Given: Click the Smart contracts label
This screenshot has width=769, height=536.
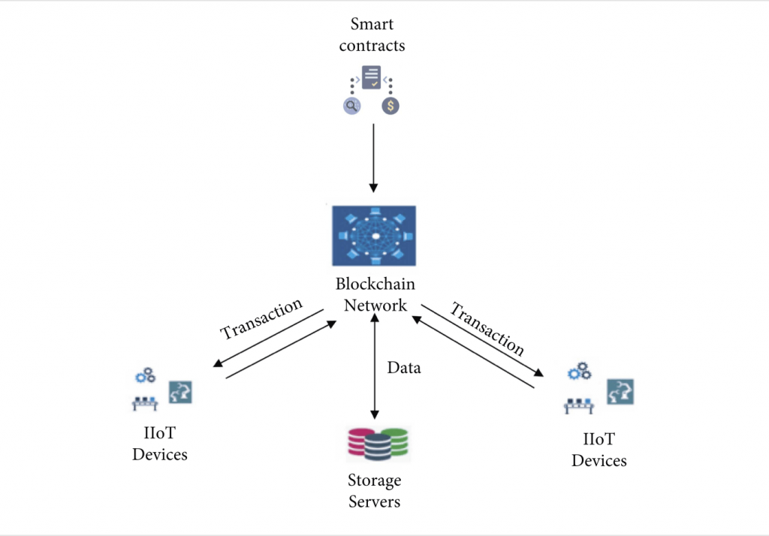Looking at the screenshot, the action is tap(372, 35).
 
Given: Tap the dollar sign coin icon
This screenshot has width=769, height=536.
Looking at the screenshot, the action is tap(391, 105).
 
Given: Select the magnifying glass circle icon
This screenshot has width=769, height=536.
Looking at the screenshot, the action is tap(351, 105).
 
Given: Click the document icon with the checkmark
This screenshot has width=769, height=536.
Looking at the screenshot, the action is tap(371, 77).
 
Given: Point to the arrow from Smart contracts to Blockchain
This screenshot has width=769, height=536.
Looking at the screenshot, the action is tap(373, 158).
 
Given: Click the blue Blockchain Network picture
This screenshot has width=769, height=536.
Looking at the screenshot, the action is tap(374, 236).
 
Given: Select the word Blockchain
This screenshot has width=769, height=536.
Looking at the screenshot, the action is tap(375, 284).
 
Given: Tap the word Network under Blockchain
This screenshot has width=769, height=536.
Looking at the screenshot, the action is tap(375, 306).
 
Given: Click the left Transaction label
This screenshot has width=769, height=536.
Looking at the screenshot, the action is tap(261, 319).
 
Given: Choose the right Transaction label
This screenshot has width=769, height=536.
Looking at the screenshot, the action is tap(487, 329).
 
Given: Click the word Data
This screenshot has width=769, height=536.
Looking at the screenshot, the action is tap(403, 368).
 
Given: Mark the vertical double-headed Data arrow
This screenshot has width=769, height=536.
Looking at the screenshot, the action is tap(375, 366).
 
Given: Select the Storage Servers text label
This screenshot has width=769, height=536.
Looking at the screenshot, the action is tap(374, 490).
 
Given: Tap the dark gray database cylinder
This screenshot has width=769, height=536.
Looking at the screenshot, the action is tap(378, 447).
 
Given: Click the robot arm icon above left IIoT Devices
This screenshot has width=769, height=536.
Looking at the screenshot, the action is tap(180, 393).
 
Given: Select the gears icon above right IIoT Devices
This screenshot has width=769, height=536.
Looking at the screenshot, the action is tap(580, 372).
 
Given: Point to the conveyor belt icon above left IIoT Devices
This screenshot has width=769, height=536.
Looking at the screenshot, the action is tap(145, 403).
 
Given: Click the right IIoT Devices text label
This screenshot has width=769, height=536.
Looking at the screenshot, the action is tap(599, 450).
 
